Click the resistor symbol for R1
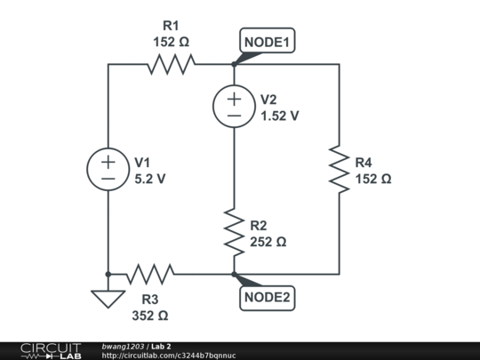pyautogui.click(x=171, y=64)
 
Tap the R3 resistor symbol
pyautogui.click(x=151, y=274)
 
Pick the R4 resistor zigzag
pyautogui.click(x=340, y=169)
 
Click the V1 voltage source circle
pyautogui.click(x=108, y=169)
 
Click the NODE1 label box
pyautogui.click(x=268, y=42)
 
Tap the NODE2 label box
pyautogui.click(x=268, y=298)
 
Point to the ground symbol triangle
pyautogui.click(x=108, y=299)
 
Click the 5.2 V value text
pyautogui.click(x=149, y=178)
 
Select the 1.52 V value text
pyautogui.click(x=279, y=116)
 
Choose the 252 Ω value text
pyautogui.click(x=268, y=241)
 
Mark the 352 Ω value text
pyautogui.click(x=148, y=315)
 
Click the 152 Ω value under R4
pyautogui.click(x=372, y=178)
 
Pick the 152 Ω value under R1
pyautogui.click(x=171, y=41)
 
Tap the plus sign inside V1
pyautogui.click(x=108, y=162)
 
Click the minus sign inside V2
pyautogui.click(x=233, y=116)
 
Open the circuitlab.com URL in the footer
pyautogui.click(x=169, y=355)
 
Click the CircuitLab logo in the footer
pyautogui.click(x=51, y=350)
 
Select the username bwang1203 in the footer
pyautogui.click(x=123, y=346)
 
